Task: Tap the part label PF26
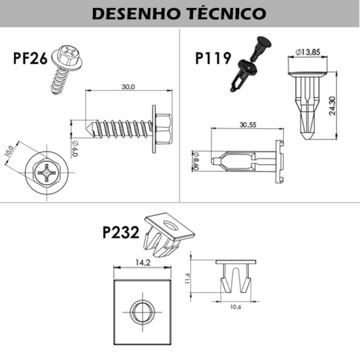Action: tap(29, 58)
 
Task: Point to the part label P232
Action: tap(121, 233)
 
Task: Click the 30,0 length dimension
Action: tap(128, 87)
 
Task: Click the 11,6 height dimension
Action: tap(187, 278)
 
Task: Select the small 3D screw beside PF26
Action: tap(64, 67)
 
